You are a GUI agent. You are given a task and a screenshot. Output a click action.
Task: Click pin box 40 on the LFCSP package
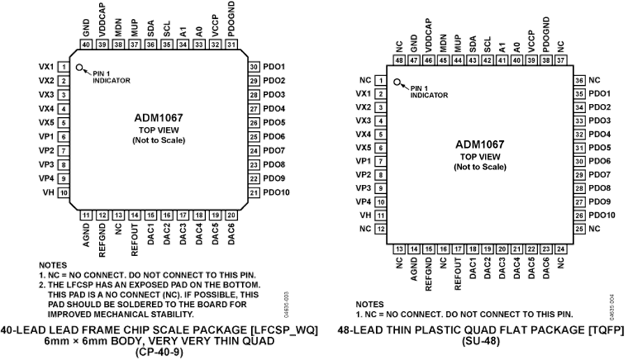coord(86,45)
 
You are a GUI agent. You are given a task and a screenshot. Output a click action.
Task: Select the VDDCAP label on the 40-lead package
coord(102,20)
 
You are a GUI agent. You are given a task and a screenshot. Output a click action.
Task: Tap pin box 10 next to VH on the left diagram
coord(63,193)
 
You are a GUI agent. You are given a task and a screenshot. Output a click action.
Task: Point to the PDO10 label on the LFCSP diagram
coord(276,193)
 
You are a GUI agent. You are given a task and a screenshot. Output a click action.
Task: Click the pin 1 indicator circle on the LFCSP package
coord(80,68)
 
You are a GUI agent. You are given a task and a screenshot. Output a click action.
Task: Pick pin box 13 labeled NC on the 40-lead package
coord(118,216)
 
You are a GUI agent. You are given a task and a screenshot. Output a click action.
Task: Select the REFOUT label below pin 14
coord(135,240)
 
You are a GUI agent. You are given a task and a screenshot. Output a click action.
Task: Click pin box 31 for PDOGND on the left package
coord(231,45)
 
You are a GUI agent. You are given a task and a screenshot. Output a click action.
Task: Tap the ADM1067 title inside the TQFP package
coord(480,144)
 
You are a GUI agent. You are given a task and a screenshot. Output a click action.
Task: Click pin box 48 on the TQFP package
coord(399,60)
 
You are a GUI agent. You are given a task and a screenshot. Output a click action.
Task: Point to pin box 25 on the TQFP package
coord(579,229)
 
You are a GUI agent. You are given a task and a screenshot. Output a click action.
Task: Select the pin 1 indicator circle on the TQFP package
coord(397,82)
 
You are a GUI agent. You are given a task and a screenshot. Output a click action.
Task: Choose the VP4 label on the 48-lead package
coord(364,202)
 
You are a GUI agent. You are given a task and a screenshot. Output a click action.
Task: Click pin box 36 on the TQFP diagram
coord(579,80)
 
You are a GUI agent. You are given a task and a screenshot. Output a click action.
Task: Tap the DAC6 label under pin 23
coord(546,267)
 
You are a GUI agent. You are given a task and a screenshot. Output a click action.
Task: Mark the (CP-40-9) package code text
coord(159,352)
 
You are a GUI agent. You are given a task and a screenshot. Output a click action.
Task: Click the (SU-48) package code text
coord(481,342)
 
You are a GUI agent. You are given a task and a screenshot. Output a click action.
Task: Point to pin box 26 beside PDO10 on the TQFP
coord(579,216)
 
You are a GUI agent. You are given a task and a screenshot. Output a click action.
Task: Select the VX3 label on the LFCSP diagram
coord(47,95)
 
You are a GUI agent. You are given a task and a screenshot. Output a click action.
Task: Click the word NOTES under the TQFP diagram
coord(370,304)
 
